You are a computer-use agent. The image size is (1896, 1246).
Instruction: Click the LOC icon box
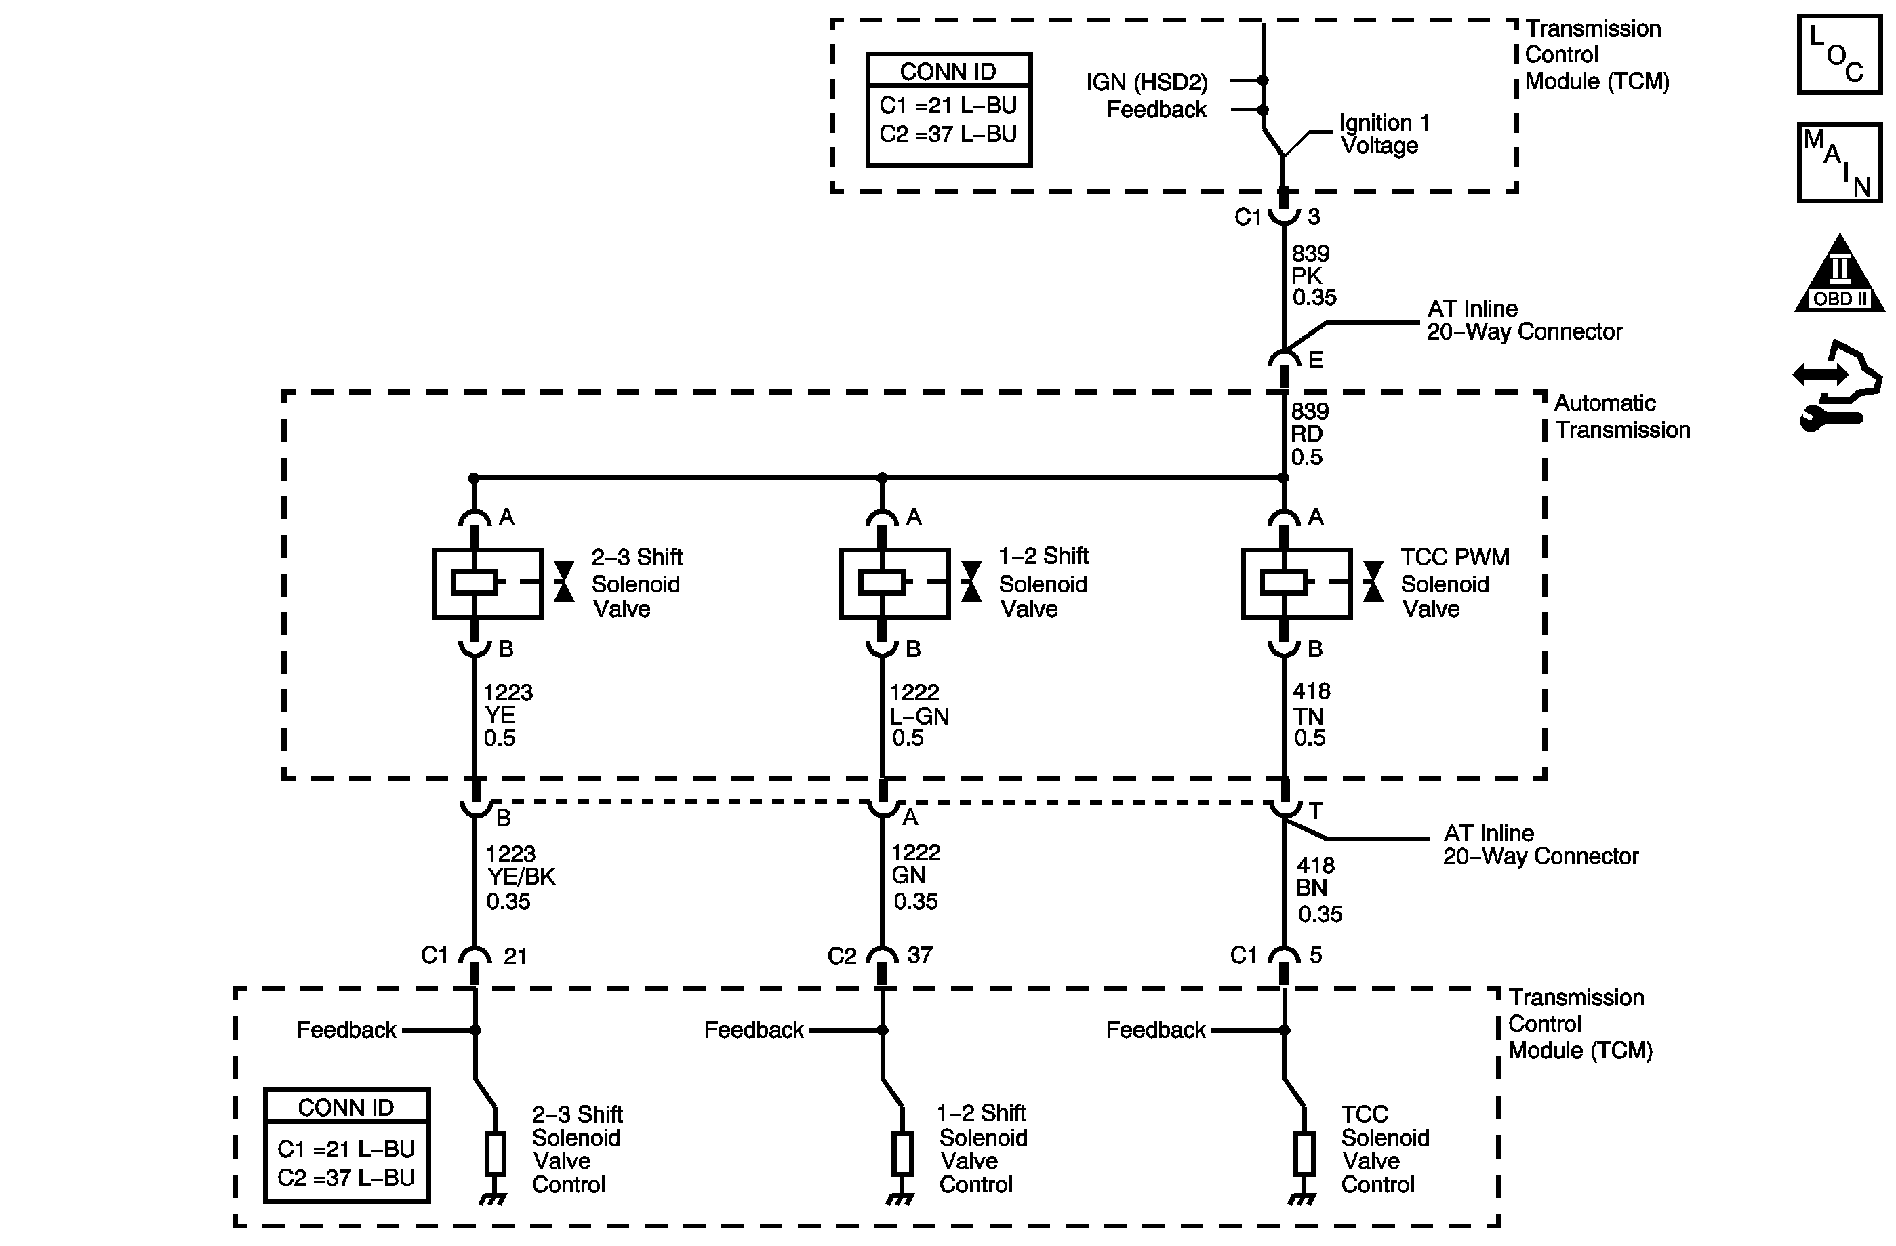click(x=1840, y=54)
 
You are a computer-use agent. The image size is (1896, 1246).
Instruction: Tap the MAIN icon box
click(x=1840, y=163)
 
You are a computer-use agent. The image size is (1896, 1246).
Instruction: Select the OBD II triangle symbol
click(x=1840, y=273)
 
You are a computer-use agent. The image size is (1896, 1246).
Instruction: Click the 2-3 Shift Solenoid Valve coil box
click(x=487, y=583)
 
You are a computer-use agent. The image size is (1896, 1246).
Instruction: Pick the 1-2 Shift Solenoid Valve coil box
click(x=895, y=583)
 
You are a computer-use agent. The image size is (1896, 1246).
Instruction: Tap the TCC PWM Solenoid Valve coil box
click(x=1297, y=583)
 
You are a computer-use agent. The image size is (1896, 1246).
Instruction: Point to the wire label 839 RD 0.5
click(x=1310, y=434)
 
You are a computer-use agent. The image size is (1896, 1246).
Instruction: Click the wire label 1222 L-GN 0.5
click(x=919, y=715)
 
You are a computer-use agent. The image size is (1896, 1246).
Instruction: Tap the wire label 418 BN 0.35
click(x=1319, y=889)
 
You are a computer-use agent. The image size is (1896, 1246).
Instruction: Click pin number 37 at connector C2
click(x=920, y=954)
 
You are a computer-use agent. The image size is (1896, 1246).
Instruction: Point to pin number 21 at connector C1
click(x=515, y=955)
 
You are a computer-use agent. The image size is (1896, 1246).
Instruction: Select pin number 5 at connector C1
click(x=1316, y=954)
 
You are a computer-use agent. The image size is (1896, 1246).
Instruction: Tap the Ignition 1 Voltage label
click(x=1385, y=134)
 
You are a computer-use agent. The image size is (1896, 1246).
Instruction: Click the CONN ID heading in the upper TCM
click(x=948, y=72)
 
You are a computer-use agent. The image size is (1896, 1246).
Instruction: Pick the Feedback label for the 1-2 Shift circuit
click(x=754, y=1030)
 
